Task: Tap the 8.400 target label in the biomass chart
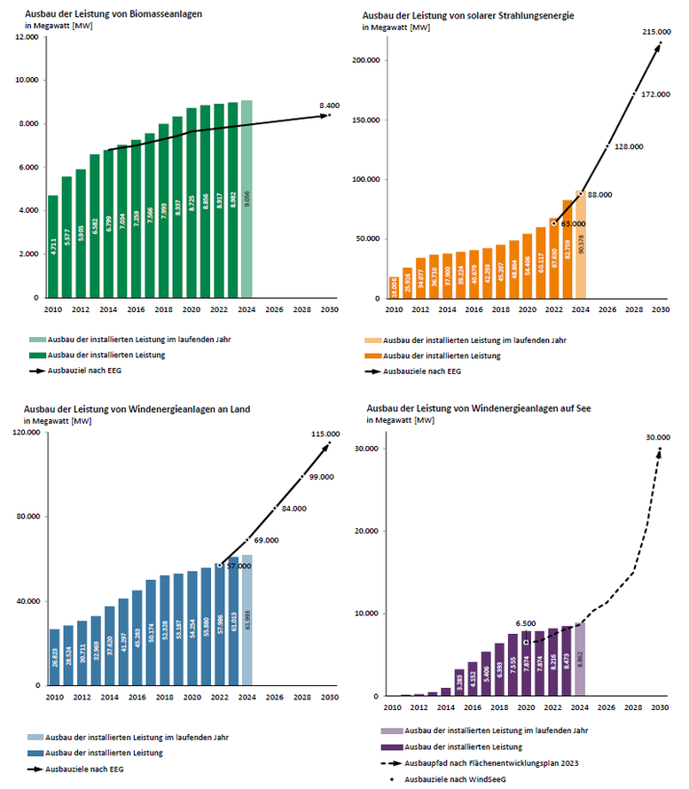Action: (329, 105)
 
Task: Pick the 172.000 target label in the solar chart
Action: (655, 93)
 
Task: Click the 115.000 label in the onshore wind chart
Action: (328, 434)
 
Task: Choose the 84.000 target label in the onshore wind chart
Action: (294, 509)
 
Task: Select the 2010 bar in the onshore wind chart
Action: (54, 657)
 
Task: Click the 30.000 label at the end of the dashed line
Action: (659, 437)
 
